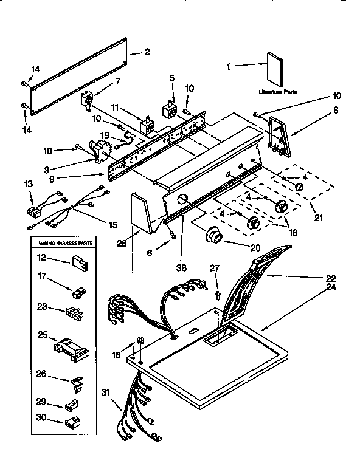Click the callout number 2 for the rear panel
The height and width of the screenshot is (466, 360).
(147, 52)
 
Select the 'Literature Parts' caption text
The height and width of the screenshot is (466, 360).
(278, 92)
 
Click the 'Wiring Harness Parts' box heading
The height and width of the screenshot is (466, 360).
(66, 244)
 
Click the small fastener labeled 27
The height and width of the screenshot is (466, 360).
(216, 295)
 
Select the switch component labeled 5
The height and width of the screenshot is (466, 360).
(168, 111)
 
